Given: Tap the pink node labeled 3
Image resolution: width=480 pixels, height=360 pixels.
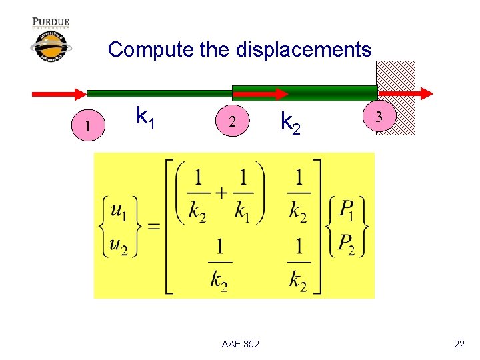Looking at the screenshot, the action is coord(379,117).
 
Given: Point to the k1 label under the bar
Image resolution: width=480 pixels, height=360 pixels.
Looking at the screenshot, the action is coord(146,117).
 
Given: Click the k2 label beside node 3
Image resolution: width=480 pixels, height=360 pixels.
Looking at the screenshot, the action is coord(290,123).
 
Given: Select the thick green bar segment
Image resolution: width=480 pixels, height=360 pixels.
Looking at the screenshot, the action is coord(304,93).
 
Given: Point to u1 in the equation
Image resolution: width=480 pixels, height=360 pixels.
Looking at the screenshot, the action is coord(119,212).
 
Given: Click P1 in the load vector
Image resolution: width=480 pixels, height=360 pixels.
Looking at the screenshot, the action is coord(346,211).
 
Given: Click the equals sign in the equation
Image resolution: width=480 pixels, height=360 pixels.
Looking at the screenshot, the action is coord(153,227).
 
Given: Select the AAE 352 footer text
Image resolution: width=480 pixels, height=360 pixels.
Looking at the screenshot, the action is coord(241,343).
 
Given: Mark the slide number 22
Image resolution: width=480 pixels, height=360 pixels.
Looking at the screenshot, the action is coord(459,343).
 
